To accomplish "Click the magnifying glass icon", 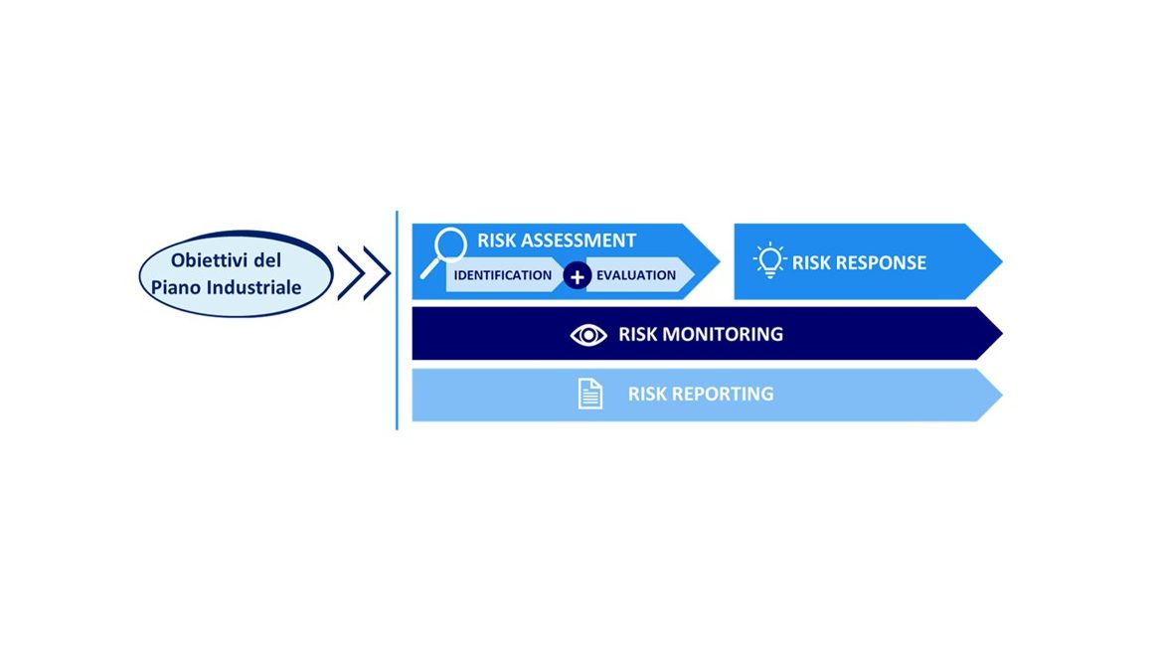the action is (443, 251).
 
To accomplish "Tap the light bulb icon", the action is (770, 260).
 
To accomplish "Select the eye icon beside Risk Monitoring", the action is (588, 335).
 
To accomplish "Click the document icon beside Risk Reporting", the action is (590, 394).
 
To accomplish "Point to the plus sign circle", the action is (577, 275).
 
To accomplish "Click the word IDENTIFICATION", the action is (503, 275).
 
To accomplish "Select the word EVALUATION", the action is (636, 275).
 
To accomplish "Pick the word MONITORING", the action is (723, 334).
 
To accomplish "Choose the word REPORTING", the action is (722, 394).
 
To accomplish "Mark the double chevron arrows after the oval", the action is (364, 273).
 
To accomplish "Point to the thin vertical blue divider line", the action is (397, 321).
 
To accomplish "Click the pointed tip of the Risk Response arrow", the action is (1002, 261).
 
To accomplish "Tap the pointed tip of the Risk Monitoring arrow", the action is (1002, 333).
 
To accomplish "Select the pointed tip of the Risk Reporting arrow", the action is (1002, 396).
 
